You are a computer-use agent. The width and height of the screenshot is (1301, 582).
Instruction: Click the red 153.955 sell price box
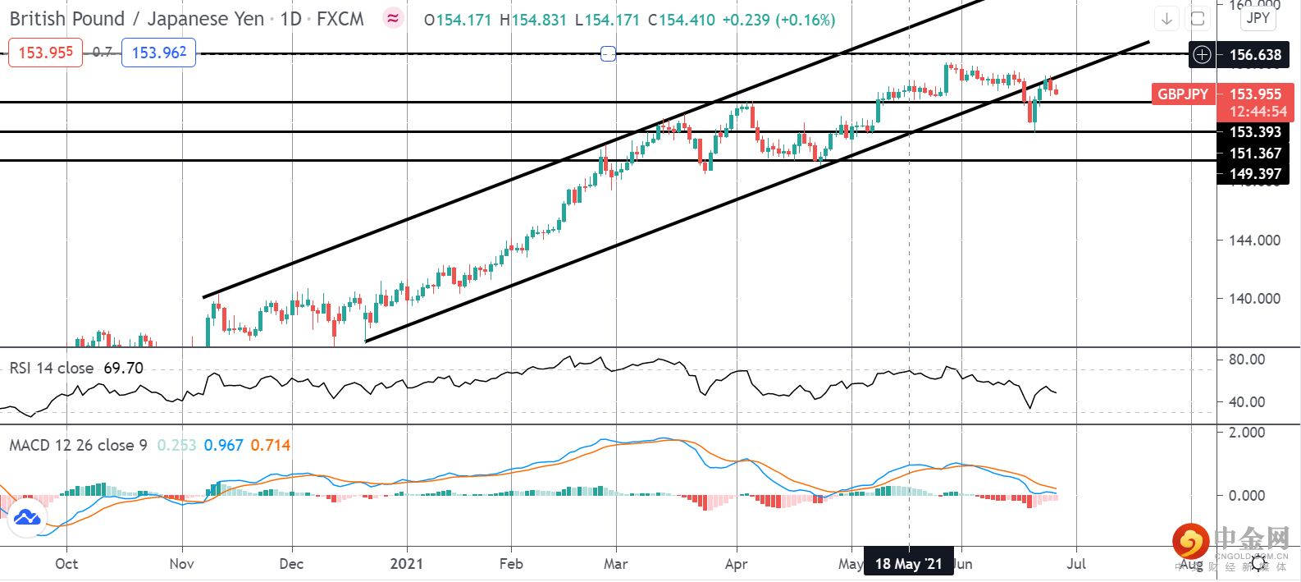click(45, 53)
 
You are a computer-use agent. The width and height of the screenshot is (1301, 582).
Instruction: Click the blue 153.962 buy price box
click(158, 53)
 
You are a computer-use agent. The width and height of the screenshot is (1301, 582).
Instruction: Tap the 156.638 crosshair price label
click(1254, 55)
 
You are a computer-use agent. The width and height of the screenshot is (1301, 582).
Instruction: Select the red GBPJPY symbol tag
click(1182, 94)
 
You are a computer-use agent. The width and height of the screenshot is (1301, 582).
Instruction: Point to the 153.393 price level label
click(1254, 132)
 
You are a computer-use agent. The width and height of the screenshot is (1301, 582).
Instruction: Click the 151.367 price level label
click(1254, 154)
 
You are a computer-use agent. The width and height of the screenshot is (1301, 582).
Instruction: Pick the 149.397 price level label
click(1254, 174)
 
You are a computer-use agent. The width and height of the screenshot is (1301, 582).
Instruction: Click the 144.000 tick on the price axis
click(1254, 241)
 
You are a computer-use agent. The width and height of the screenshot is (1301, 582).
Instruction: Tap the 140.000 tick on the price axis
click(1254, 299)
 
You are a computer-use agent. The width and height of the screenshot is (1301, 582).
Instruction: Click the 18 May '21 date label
click(908, 564)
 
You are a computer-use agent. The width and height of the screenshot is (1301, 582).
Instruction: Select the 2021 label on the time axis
click(407, 564)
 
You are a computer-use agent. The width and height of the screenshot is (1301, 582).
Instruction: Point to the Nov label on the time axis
click(181, 564)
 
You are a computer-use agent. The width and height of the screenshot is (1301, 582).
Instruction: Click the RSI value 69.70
click(123, 369)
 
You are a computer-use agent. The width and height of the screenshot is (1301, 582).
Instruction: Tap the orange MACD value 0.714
click(271, 446)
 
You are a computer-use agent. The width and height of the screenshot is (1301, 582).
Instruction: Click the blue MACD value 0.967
click(223, 446)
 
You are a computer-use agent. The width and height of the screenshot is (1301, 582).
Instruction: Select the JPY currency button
click(1258, 18)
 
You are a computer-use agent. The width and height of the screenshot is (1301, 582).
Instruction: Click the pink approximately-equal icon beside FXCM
click(393, 18)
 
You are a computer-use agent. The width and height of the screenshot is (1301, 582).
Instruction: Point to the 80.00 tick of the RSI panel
click(1246, 360)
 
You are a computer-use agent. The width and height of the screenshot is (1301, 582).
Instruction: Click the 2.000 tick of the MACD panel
click(1246, 433)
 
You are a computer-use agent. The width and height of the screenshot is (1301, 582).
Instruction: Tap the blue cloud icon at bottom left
click(27, 518)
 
